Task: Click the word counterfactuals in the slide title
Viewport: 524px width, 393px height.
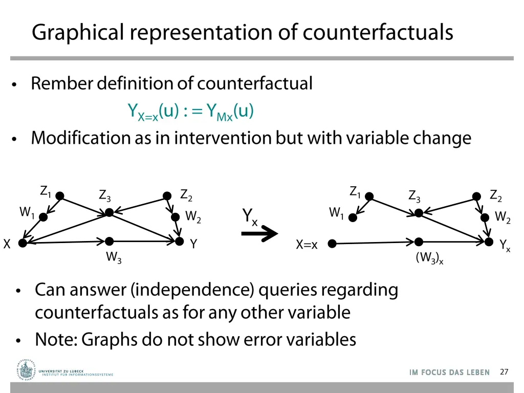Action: coord(378,32)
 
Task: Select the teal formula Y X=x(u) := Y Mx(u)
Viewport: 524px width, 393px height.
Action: coord(190,112)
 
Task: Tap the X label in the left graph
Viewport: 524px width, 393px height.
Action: coord(7,245)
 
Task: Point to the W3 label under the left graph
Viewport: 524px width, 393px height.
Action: coord(114,257)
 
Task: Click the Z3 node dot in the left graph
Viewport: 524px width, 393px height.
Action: coord(109,212)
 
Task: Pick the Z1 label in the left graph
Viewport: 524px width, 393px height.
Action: coord(46,191)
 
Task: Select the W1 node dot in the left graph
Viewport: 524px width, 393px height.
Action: coord(43,217)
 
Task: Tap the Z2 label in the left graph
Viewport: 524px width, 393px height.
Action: coord(186,195)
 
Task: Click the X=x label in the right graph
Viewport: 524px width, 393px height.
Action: coord(307,245)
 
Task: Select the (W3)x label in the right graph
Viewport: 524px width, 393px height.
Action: coord(429,258)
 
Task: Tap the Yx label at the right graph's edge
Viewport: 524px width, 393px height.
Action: coord(505,246)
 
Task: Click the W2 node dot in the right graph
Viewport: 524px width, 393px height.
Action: coord(485,217)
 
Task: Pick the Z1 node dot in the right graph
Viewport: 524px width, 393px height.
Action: coord(369,196)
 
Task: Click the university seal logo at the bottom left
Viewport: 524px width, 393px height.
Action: coord(25,370)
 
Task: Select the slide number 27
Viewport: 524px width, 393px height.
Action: coord(504,372)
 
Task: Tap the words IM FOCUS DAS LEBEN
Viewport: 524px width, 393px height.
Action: coord(449,373)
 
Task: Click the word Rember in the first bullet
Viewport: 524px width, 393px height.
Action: coord(60,83)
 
